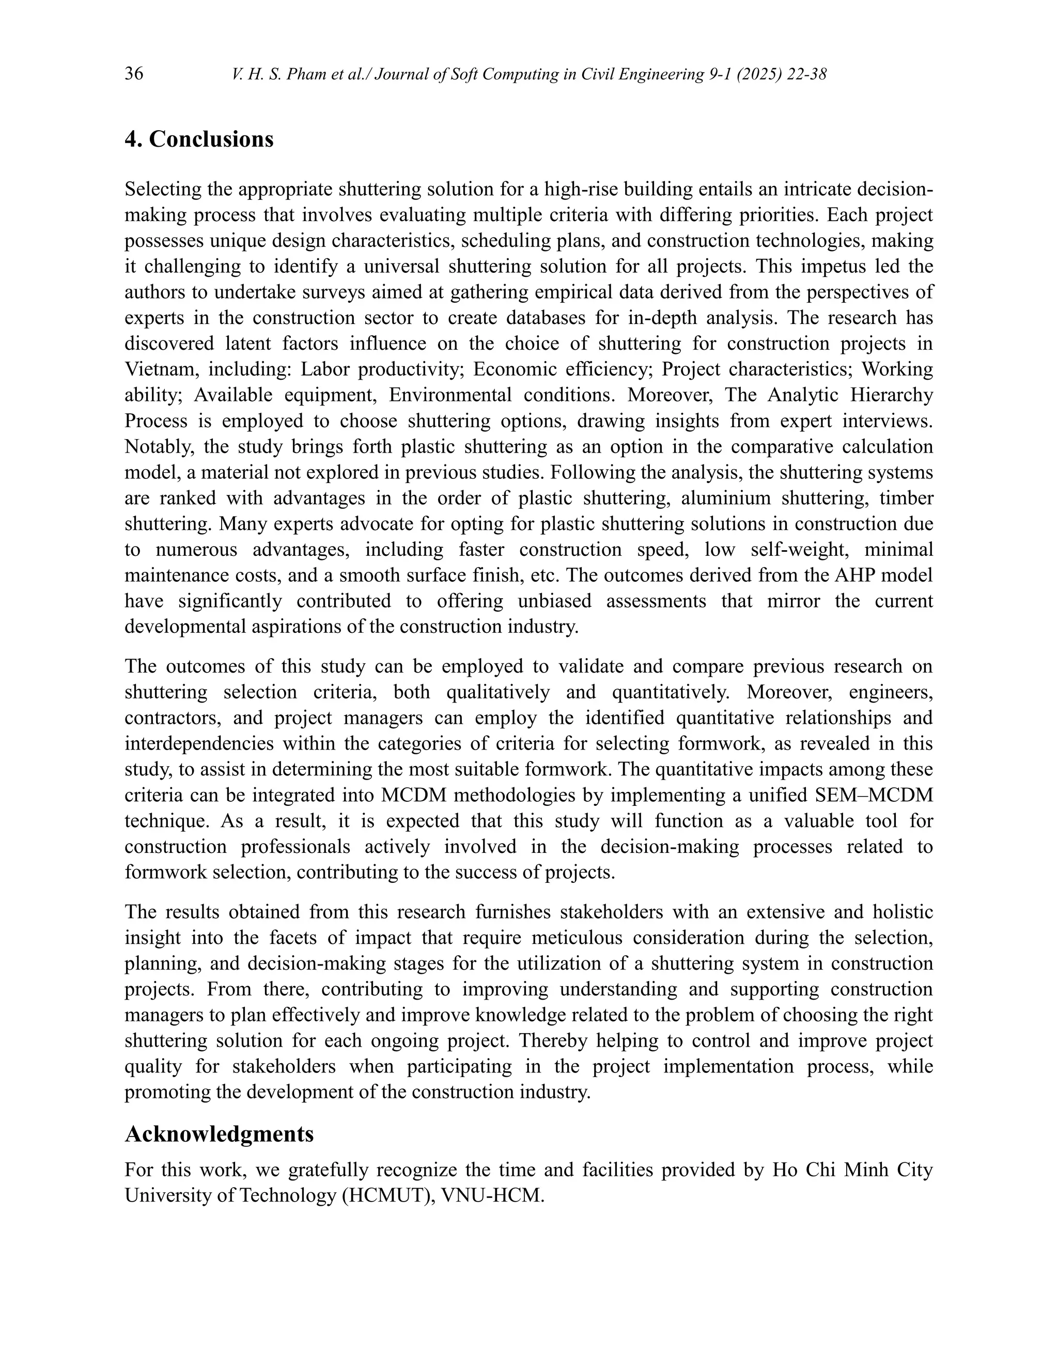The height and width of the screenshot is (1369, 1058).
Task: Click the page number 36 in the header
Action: (133, 74)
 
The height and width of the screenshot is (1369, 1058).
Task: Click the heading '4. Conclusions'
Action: (199, 139)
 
